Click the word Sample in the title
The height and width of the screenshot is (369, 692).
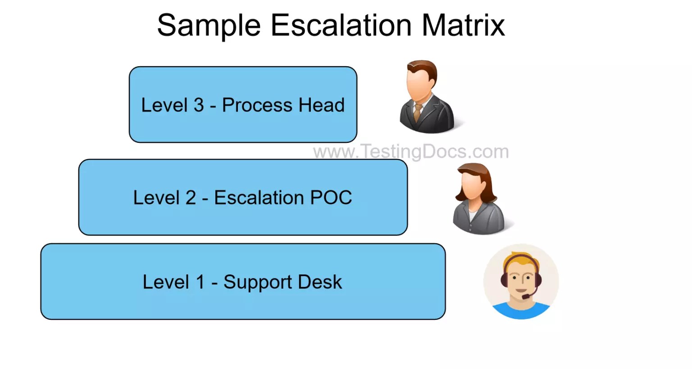click(x=209, y=26)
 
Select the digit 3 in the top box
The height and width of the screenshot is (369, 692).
click(x=199, y=105)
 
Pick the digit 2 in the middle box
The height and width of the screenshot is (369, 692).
click(x=191, y=198)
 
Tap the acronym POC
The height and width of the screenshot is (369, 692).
click(x=331, y=198)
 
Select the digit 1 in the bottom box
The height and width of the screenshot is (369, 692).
click(x=200, y=282)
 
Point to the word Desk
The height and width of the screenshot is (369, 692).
click(x=320, y=282)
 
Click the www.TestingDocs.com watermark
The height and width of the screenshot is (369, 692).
click(x=411, y=151)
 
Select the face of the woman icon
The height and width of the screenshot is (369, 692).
click(x=473, y=185)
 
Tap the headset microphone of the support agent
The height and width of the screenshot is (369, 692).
click(x=526, y=297)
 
